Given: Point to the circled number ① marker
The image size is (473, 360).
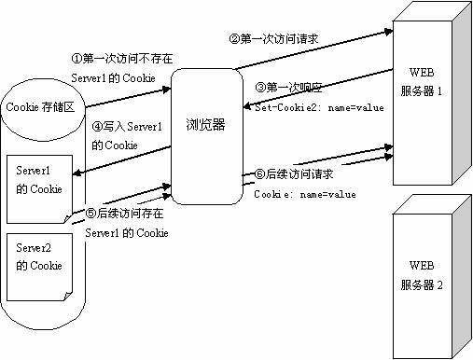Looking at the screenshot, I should coord(78,59).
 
